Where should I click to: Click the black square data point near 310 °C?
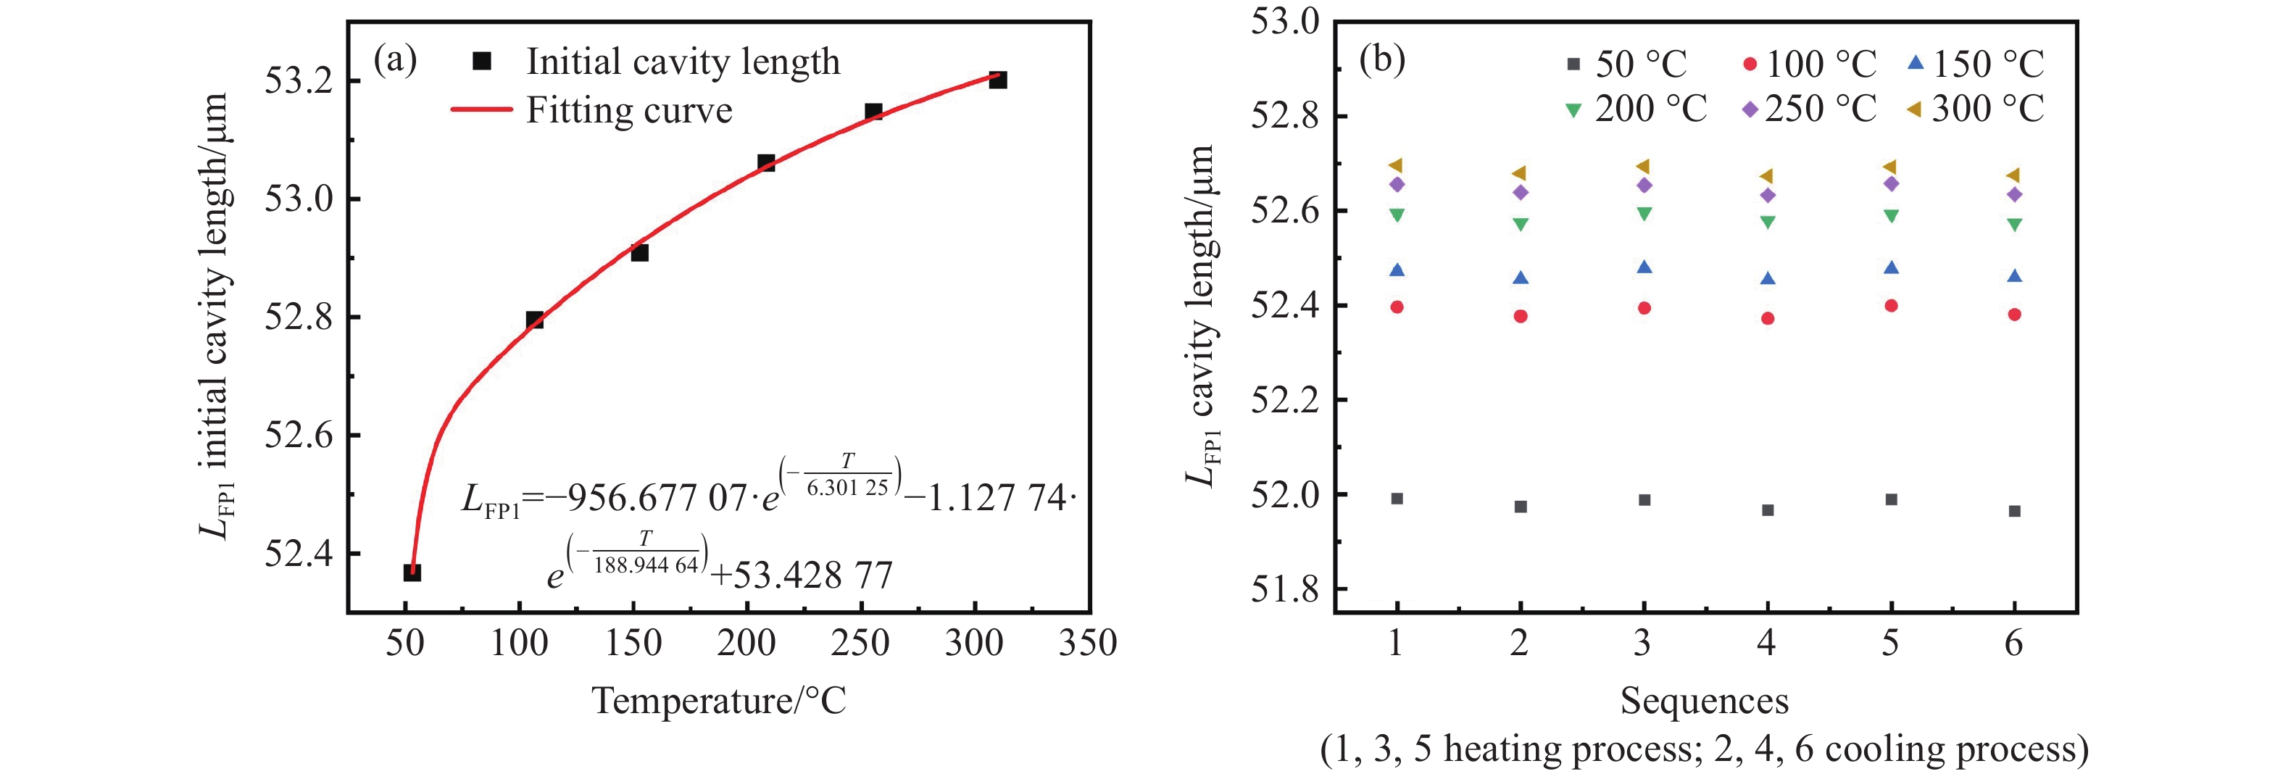click(997, 80)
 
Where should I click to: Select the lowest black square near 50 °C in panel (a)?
click(412, 573)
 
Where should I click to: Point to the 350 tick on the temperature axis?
click(1087, 643)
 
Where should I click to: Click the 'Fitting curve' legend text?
click(629, 111)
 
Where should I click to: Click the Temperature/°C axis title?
click(719, 700)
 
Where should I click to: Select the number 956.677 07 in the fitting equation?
click(656, 499)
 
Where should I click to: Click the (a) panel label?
click(395, 60)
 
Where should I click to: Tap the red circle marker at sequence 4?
click(1767, 318)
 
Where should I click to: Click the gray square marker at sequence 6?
click(2014, 512)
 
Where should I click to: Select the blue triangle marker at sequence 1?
click(1397, 270)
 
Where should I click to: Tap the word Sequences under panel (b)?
click(1704, 700)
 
